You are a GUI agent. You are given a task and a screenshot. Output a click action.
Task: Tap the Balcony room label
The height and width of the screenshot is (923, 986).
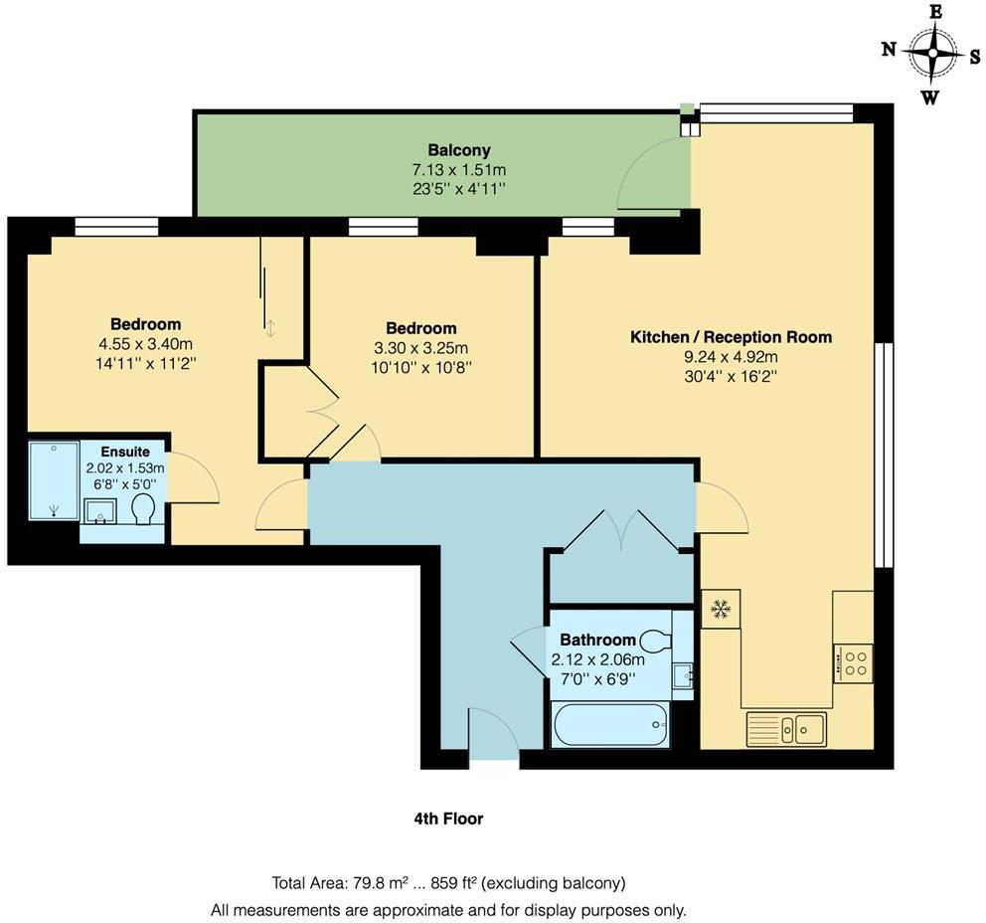click(459, 150)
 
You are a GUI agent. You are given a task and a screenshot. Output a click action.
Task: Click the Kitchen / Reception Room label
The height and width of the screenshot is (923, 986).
click(731, 337)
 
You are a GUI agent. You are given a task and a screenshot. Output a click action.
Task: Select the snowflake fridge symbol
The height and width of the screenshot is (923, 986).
click(721, 609)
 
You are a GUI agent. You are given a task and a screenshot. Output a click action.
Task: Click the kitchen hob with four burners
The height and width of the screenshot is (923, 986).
click(853, 662)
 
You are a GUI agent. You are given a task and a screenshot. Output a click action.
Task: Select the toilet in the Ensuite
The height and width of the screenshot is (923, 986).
click(143, 511)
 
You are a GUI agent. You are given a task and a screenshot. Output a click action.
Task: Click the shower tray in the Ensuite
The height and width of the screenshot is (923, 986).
click(54, 481)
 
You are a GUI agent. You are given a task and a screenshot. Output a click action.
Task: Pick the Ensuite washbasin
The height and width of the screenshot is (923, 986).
click(99, 512)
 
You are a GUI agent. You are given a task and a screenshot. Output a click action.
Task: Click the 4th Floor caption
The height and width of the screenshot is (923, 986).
click(448, 819)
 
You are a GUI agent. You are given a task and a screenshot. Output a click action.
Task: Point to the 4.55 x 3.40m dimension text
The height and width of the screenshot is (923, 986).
click(145, 344)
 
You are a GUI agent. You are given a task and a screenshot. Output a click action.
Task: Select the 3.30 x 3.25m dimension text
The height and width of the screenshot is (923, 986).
click(420, 348)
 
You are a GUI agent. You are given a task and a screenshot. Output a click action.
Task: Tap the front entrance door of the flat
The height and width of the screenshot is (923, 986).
click(492, 736)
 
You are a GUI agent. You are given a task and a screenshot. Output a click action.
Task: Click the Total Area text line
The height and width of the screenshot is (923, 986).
click(448, 882)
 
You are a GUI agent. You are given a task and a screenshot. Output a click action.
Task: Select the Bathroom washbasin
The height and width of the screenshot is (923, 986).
click(682, 676)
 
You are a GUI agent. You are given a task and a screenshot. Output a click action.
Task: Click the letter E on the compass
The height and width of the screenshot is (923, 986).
click(934, 12)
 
